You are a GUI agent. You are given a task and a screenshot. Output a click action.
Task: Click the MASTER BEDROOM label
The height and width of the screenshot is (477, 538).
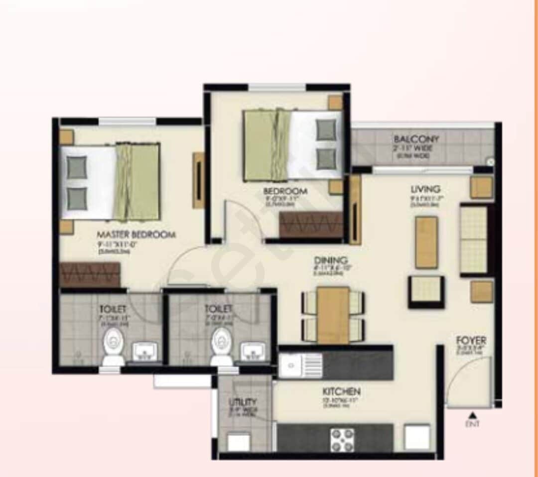coord(136,235)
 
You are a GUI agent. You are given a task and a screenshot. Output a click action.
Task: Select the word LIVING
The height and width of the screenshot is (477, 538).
coord(425,189)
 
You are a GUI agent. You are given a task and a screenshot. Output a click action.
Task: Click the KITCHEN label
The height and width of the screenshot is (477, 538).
coord(341,392)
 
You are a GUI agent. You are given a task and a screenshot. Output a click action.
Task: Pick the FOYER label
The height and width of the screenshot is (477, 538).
coord(471,341)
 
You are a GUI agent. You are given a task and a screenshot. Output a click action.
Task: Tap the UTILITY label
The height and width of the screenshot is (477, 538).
coord(243,402)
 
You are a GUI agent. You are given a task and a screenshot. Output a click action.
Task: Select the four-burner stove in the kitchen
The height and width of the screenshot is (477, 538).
coord(343,440)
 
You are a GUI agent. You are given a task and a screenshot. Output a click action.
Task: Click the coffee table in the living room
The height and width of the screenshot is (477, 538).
coord(426,242)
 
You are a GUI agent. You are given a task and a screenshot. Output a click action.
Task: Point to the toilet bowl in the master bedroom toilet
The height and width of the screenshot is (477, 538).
coord(114,348)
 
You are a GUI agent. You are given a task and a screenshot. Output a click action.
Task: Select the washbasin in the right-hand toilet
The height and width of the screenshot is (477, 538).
coord(255,353)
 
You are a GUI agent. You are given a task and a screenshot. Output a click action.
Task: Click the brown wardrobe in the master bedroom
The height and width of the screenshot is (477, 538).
coord(90,274)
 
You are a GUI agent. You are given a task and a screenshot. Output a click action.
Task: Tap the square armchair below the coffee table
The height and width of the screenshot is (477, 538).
coord(426,292)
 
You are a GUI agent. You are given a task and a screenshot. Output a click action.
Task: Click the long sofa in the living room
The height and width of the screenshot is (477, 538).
coord(474,239)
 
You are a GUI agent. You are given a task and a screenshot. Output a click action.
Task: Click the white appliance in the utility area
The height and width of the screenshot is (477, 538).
coord(239,442)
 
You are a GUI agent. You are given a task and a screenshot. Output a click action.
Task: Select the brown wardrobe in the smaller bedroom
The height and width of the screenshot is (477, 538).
coord(311,225)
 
